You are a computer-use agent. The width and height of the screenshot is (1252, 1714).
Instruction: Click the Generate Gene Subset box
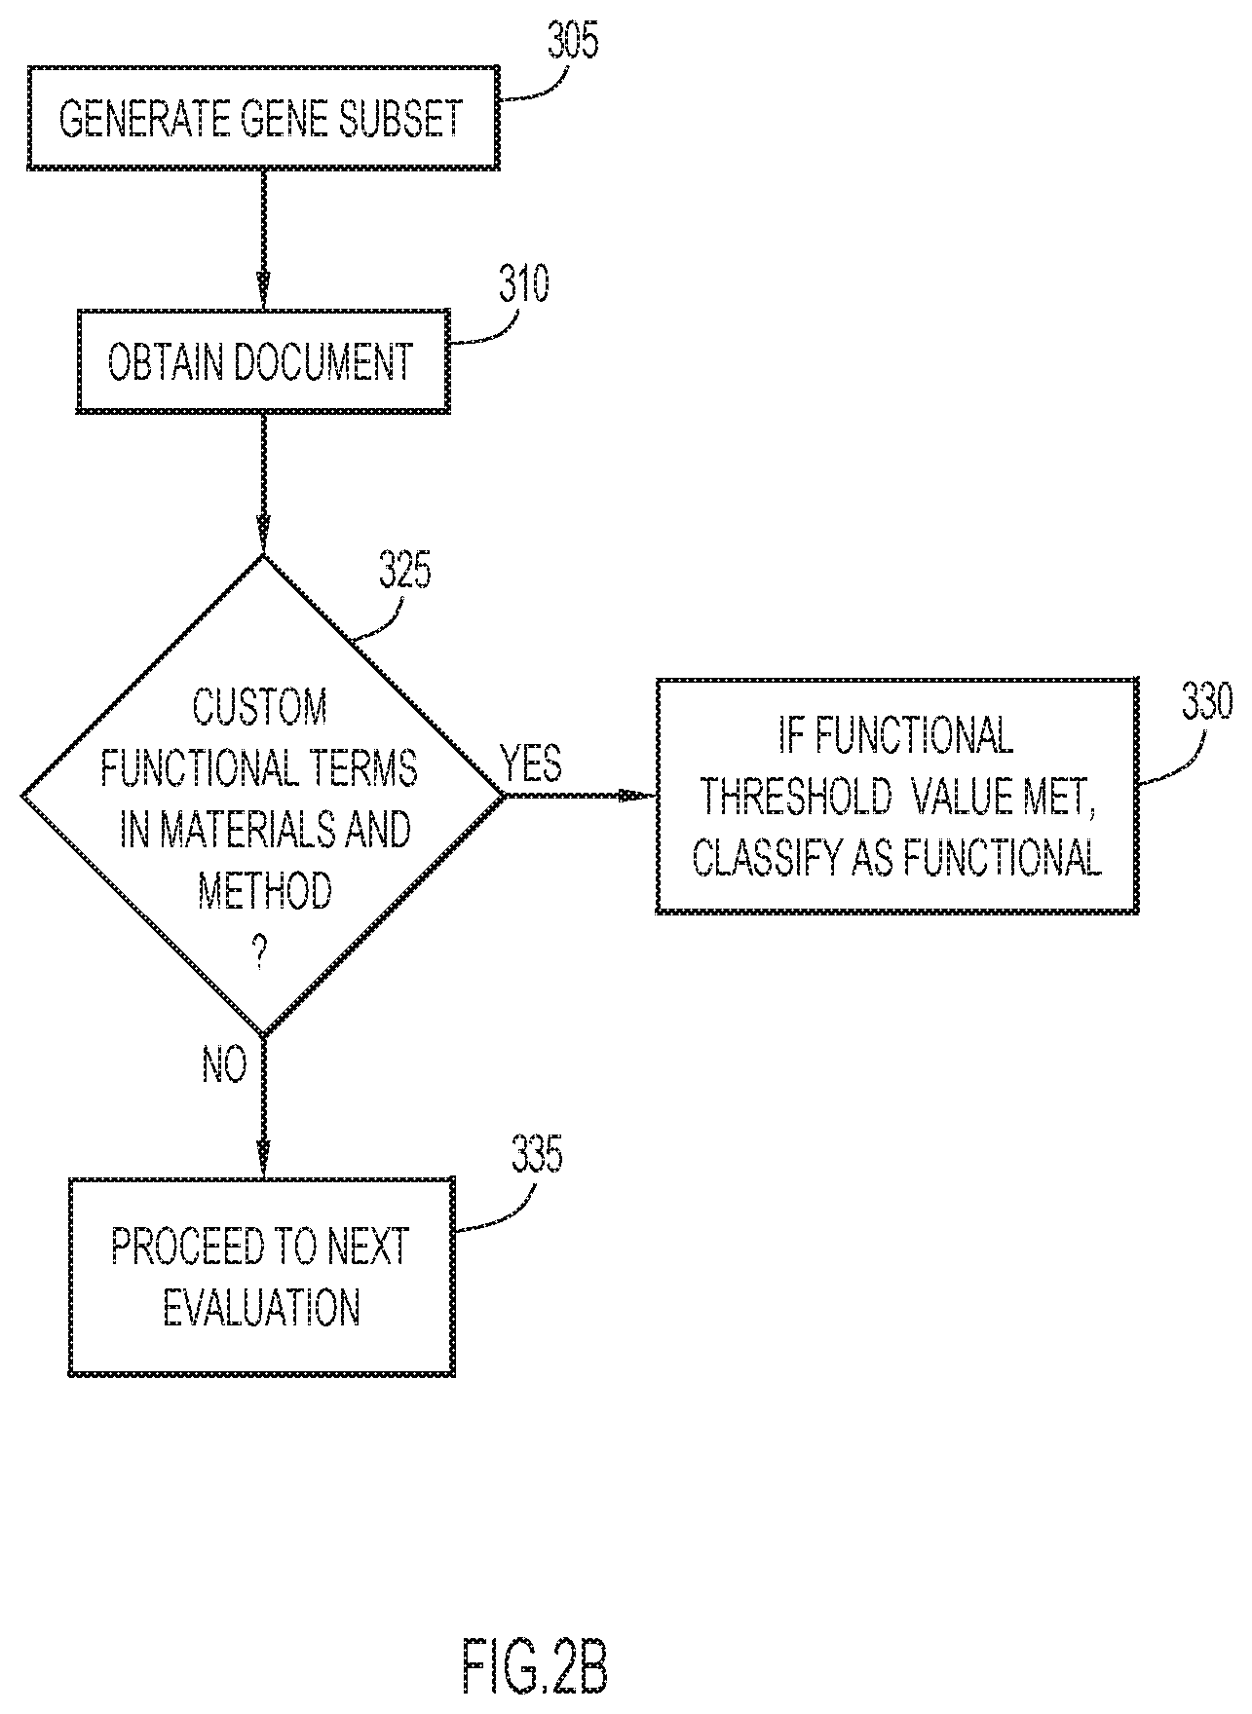pos(262,118)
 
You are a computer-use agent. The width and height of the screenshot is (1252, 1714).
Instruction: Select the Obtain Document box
pos(262,361)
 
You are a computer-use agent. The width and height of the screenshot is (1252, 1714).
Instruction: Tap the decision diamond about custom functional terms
pos(262,796)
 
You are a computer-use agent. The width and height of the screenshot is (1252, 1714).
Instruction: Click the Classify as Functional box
pos(895,796)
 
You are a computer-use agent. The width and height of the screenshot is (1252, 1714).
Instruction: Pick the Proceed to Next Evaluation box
pos(262,1276)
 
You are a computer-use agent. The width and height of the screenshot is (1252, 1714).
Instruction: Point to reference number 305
pos(573,41)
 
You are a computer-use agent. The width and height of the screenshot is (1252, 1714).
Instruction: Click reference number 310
pos(524,284)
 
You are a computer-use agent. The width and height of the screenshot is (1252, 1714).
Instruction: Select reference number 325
pos(404,572)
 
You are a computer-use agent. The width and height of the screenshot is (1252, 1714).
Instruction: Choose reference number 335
pos(537,1155)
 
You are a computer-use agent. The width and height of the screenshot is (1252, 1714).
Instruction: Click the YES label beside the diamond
pos(532,764)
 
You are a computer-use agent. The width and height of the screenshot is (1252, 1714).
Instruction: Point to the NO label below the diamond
pos(224,1066)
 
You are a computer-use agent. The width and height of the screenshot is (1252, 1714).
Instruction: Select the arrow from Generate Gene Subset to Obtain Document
pos(262,239)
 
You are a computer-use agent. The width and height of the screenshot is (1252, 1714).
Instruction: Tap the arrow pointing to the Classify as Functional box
pos(580,796)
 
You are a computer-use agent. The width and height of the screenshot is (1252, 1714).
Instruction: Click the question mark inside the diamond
pos(260,956)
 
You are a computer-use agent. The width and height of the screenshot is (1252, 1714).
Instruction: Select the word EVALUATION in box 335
pos(262,1307)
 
